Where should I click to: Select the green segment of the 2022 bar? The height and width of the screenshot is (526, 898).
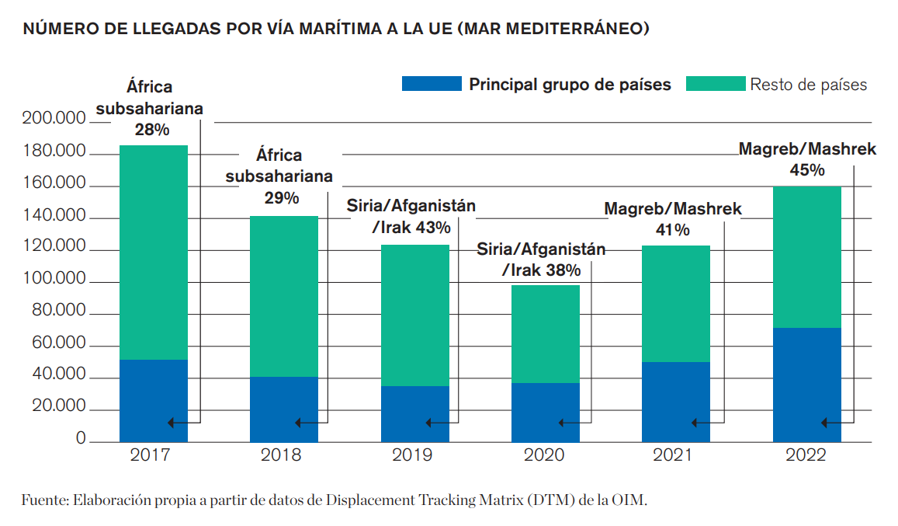[806, 256]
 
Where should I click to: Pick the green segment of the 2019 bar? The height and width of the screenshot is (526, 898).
[414, 315]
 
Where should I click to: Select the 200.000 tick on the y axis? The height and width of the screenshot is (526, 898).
[54, 120]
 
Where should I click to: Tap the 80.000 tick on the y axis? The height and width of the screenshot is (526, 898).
[57, 311]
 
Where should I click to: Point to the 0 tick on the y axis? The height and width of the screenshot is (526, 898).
[80, 439]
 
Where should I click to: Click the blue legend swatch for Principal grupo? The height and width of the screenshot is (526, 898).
[431, 84]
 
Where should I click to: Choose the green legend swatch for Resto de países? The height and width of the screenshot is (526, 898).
[715, 84]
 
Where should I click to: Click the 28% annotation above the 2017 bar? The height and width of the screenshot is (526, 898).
[151, 129]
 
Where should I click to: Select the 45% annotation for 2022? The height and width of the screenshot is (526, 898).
[806, 169]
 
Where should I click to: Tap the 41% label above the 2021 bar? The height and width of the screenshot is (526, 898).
[672, 229]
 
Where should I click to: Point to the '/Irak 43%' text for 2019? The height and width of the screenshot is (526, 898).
[411, 228]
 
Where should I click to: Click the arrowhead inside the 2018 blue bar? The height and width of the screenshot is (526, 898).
[299, 423]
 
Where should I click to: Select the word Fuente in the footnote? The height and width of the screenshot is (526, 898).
[43, 500]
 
